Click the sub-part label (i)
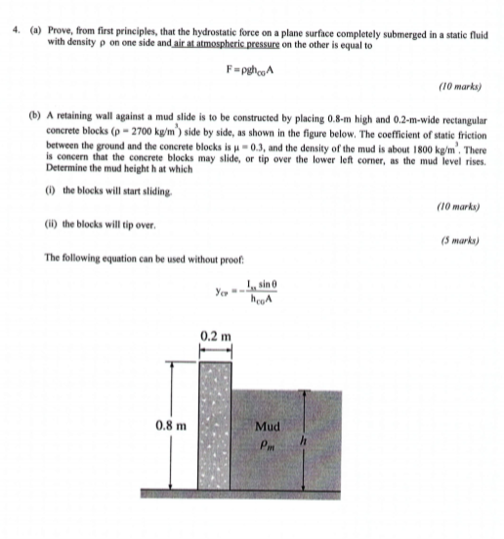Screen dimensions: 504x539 [51, 187]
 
